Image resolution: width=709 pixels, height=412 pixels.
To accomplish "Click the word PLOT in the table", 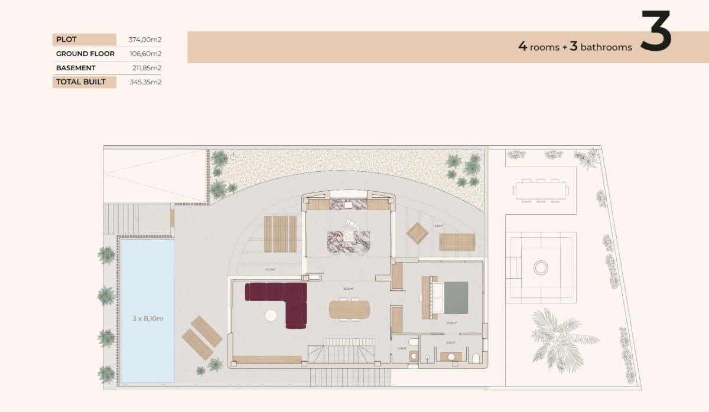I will [66, 40].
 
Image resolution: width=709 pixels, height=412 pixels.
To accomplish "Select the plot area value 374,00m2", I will [145, 40].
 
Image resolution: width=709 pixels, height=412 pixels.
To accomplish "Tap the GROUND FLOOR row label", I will [85, 54].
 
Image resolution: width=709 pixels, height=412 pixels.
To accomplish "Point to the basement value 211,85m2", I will [147, 68].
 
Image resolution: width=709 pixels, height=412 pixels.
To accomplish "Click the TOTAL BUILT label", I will [81, 82].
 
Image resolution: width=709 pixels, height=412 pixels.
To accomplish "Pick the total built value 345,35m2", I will [145, 82].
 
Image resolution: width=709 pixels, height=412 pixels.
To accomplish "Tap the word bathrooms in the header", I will [606, 47].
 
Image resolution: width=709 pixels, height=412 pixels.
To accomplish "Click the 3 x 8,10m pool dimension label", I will [148, 319].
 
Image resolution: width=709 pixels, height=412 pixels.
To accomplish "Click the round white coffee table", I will [271, 315].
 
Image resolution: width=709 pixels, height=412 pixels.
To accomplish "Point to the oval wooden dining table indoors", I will [349, 309].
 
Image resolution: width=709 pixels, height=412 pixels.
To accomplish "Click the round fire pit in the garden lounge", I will [541, 268].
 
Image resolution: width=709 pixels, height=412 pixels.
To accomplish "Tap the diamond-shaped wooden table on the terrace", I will [418, 233].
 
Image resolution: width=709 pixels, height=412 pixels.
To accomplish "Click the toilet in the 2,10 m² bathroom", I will [413, 344].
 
